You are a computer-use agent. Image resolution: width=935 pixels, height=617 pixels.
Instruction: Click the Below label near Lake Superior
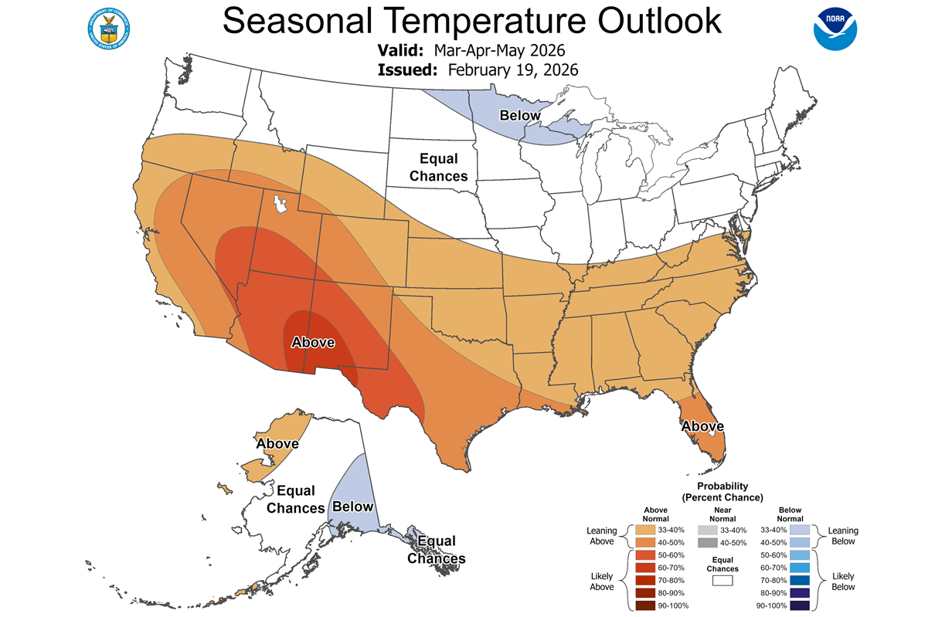pos(520,115)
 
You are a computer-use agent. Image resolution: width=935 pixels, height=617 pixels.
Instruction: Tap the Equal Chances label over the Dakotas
pos(438,168)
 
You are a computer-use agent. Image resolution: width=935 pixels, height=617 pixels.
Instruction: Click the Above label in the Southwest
pos(312,342)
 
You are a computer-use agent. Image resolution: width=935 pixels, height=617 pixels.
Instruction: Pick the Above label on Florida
pos(702,426)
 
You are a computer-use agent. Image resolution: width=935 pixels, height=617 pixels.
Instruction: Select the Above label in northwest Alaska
pos(277,443)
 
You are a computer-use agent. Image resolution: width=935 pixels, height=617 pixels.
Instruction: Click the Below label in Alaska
pos(352,507)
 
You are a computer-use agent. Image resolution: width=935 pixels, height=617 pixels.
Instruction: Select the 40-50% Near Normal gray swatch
pos(705,543)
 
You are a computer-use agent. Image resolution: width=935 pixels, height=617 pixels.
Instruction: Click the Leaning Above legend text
pos(602,536)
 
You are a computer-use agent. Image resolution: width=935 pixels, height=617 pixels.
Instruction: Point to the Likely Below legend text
pos(843,581)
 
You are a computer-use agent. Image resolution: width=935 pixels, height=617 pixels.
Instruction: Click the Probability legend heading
pos(722,491)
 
